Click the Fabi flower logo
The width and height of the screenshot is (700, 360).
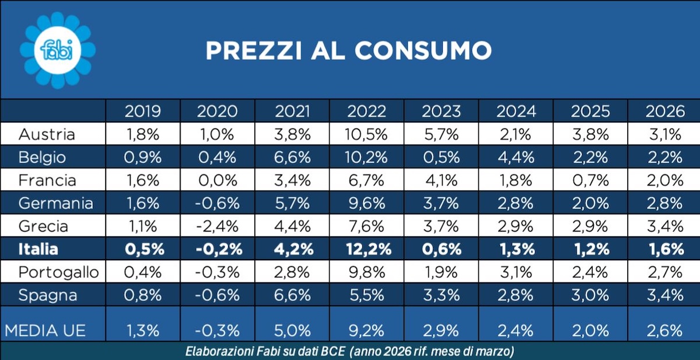(x=57, y=51)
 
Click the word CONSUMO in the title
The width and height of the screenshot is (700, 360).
(x=423, y=51)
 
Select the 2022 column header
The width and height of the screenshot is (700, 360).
(x=367, y=111)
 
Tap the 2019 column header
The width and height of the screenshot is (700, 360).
(x=143, y=111)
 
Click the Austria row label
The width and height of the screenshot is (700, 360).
(x=47, y=134)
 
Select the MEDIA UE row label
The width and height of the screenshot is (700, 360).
(x=45, y=330)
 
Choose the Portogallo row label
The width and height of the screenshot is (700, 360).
(x=59, y=272)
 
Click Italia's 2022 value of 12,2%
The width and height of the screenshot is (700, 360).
(x=367, y=249)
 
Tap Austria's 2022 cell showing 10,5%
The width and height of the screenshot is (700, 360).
(x=367, y=134)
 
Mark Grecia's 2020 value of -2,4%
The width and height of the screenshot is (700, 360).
(x=218, y=226)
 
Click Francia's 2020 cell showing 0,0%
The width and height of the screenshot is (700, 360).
(x=218, y=180)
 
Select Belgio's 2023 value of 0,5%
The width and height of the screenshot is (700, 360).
(x=442, y=158)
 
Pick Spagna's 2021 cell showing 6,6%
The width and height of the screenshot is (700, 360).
(x=292, y=295)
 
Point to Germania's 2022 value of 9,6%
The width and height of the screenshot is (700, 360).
(x=367, y=204)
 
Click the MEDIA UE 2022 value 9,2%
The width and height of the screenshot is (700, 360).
(x=367, y=330)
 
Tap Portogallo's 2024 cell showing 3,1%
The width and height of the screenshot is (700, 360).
(x=516, y=272)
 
